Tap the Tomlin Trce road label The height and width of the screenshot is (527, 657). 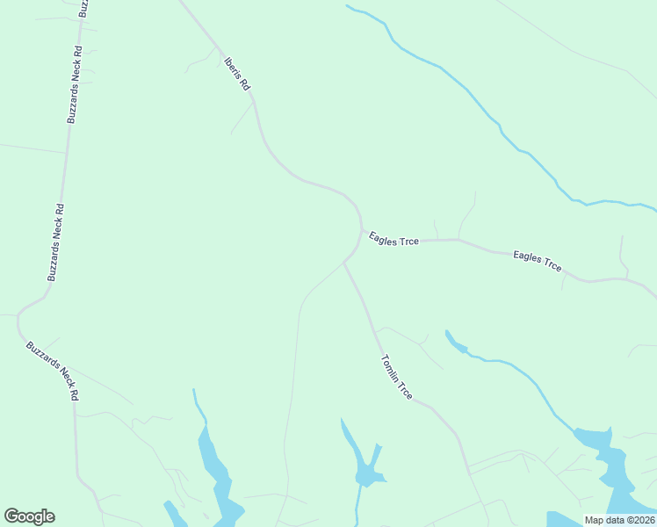click(x=396, y=377)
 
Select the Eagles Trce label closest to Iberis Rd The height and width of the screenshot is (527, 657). click(x=393, y=239)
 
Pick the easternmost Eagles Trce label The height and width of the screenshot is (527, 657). click(x=538, y=262)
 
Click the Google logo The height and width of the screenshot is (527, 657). click(x=29, y=516)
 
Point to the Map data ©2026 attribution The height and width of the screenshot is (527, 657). click(x=619, y=520)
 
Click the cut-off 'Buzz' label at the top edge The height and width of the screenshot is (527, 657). click(x=83, y=9)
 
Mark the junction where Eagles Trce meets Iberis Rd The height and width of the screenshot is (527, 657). click(x=361, y=230)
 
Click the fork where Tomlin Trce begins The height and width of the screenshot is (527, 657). click(x=344, y=262)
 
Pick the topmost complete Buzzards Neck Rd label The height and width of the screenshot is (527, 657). click(x=75, y=83)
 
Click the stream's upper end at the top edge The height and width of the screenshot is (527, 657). click(x=350, y=7)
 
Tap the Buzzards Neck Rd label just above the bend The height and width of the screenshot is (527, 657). click(x=55, y=242)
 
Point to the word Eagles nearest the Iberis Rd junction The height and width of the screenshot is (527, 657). click(x=384, y=238)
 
